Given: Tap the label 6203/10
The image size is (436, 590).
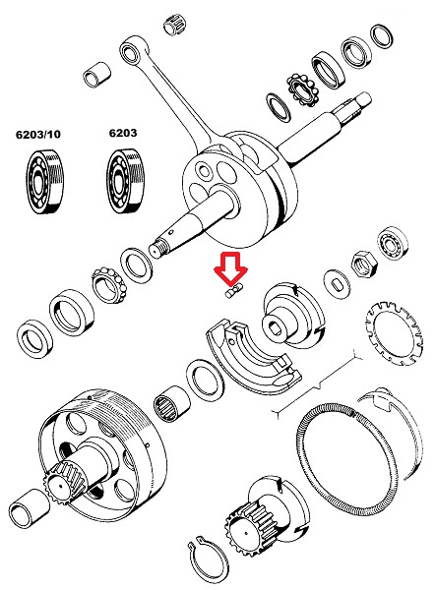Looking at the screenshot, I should [x=37, y=132].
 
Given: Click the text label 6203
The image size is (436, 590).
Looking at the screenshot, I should [x=122, y=132].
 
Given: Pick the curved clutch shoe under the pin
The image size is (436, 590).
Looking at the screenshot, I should [x=241, y=354].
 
